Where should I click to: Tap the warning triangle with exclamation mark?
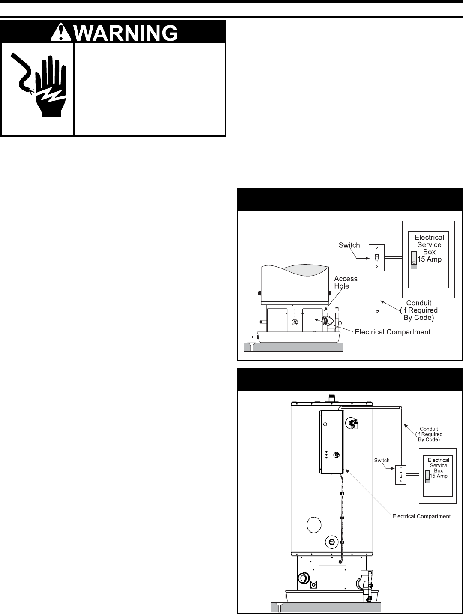tap(61, 31)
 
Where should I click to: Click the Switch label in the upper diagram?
tap(349, 245)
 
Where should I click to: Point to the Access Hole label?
tap(346, 282)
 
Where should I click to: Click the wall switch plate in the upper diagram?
tap(377, 258)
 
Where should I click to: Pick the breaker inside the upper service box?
tap(413, 260)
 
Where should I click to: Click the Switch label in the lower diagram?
tap(382, 460)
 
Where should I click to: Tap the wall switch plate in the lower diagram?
tap(400, 475)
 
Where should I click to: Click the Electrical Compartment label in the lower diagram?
tap(421, 516)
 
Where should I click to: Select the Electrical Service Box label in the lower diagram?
tap(438, 465)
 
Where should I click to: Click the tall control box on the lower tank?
tap(331, 442)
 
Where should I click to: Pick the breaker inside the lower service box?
tap(427, 476)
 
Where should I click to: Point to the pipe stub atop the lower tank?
tap(331, 398)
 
